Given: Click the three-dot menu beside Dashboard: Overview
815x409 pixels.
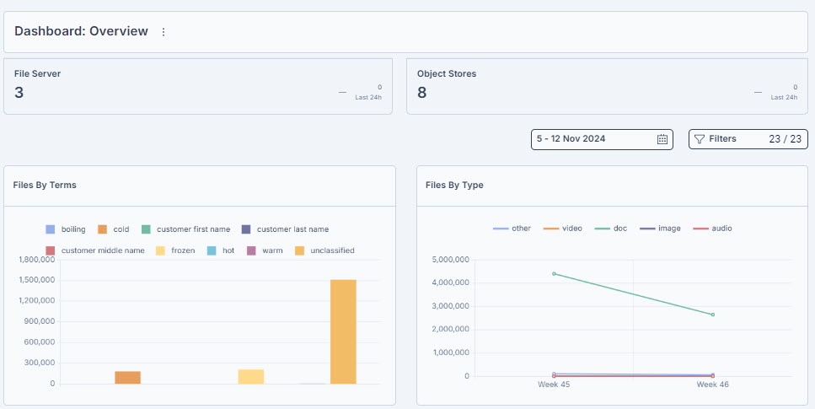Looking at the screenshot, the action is [x=164, y=32].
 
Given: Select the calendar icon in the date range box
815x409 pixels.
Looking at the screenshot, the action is [x=662, y=139].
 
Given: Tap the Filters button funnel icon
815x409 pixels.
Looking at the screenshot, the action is [x=699, y=139].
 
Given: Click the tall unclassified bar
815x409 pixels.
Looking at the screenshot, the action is [x=343, y=332].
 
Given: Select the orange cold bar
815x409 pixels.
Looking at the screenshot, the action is [x=128, y=378].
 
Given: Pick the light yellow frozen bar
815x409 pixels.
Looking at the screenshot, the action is [x=251, y=377].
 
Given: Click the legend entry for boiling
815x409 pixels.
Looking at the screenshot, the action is [x=66, y=229].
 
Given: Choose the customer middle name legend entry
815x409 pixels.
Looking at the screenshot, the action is [x=95, y=250].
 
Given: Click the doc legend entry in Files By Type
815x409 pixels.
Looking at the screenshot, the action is [x=611, y=229].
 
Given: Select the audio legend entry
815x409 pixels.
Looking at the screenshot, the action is [x=713, y=229].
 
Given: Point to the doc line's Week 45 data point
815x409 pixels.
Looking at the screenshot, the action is [x=554, y=274].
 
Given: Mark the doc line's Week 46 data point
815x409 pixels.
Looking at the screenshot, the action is [x=713, y=315].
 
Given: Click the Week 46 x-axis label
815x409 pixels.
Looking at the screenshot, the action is [x=713, y=385].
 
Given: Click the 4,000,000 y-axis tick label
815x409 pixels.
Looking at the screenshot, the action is [x=451, y=283].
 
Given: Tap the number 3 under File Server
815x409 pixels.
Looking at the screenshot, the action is [x=19, y=93].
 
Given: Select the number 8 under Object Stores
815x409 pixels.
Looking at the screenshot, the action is [x=422, y=93].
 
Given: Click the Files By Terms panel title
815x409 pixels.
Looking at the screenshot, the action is [x=45, y=185].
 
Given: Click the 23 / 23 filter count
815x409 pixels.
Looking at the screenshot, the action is [x=786, y=139].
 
